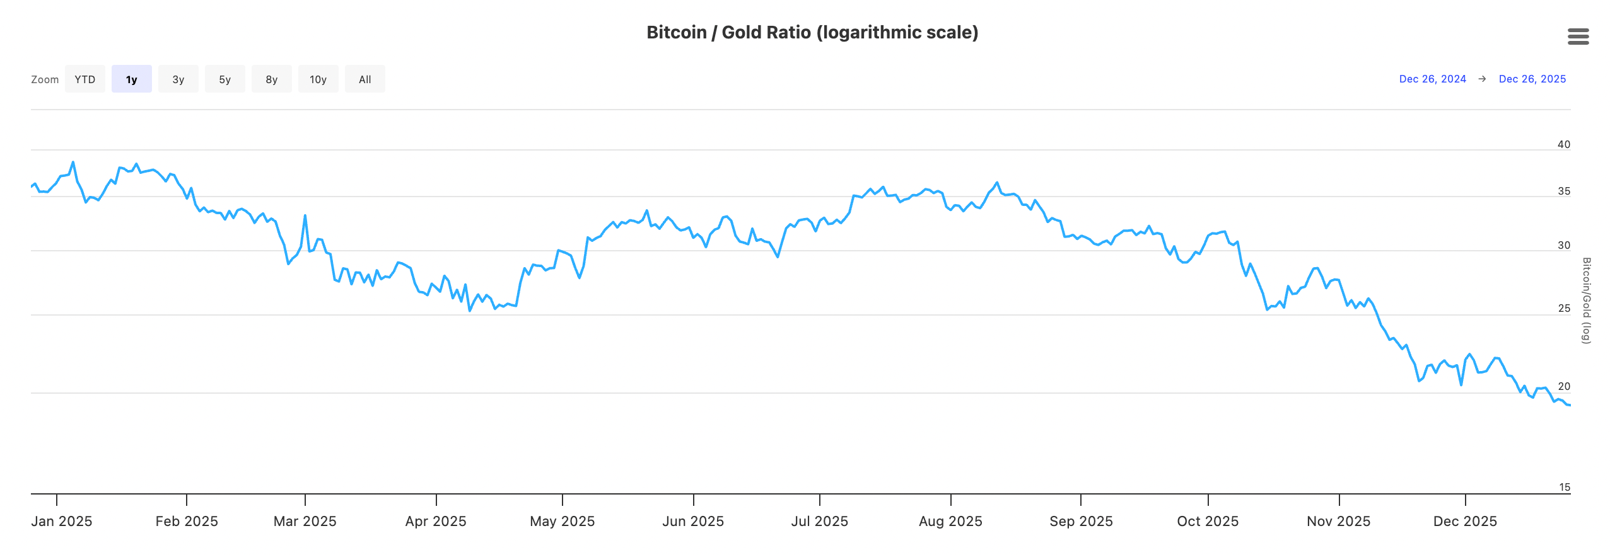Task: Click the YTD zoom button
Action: tap(85, 79)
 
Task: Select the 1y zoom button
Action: tap(132, 79)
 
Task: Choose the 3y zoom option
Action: tap(178, 79)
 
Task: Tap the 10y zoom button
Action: tap(318, 79)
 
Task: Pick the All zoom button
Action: tap(365, 79)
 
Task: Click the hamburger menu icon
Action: tap(1578, 37)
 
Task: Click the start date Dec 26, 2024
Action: tap(1432, 79)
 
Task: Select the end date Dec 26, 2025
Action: tap(1532, 79)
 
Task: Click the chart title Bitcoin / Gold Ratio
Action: tap(812, 32)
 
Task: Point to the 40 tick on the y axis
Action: tap(1563, 144)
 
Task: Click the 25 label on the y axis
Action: tap(1563, 308)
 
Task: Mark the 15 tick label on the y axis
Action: tap(1564, 487)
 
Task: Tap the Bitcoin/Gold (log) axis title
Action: tap(1586, 300)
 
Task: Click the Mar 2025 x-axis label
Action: tap(305, 521)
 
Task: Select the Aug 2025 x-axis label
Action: tap(950, 521)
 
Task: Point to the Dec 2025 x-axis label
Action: tap(1465, 521)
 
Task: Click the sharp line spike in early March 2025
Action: tap(305, 215)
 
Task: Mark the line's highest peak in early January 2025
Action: tap(73, 162)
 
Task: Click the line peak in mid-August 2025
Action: tap(997, 183)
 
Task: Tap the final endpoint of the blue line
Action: tap(1569, 405)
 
